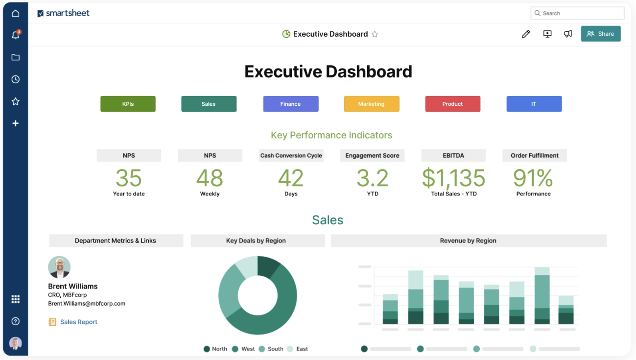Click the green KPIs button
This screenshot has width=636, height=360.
pos(128,104)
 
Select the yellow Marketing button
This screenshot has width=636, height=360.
pos(372,104)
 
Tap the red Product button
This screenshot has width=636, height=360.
pos(452,104)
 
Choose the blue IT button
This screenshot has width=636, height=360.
pos(534,104)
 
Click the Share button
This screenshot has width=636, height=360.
pos(601,34)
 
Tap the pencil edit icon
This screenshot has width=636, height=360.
pos(526,34)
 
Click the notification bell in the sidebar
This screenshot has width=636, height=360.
pos(16,35)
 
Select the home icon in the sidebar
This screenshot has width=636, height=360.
pos(16,13)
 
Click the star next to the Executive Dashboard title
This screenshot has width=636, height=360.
pos(375,34)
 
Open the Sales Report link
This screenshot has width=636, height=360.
pos(78,322)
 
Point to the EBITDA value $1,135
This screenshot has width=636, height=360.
pos(453,178)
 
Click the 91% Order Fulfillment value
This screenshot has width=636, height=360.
pos(533,178)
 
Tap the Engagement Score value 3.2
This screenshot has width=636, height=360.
pos(372,178)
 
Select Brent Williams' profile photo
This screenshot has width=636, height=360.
pos(59,267)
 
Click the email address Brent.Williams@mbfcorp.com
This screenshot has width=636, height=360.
pos(87,304)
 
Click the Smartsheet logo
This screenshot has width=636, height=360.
pos(64,13)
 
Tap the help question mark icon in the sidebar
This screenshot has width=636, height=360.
pos(16,321)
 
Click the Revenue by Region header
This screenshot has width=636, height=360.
pos(468,240)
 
